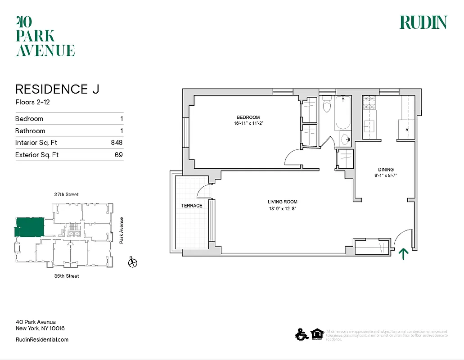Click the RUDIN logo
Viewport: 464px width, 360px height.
coord(423,22)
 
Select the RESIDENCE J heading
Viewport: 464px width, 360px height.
coord(57,89)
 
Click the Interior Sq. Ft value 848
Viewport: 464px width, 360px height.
coord(117,143)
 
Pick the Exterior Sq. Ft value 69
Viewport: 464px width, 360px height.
coord(119,155)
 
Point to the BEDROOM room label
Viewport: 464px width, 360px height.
coord(248,117)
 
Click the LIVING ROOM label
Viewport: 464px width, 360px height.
coord(283,202)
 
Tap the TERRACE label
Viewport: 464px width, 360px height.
coord(192,206)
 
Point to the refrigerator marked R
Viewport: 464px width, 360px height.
coord(407,130)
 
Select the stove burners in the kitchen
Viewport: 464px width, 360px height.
coord(369,103)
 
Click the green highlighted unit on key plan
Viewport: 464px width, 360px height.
coord(31,227)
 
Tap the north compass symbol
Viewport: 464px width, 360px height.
coord(132,263)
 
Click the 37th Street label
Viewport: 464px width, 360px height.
coord(66,194)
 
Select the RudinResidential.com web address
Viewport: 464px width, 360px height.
coord(42,340)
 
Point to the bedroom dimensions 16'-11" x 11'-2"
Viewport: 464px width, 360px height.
coord(248,123)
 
